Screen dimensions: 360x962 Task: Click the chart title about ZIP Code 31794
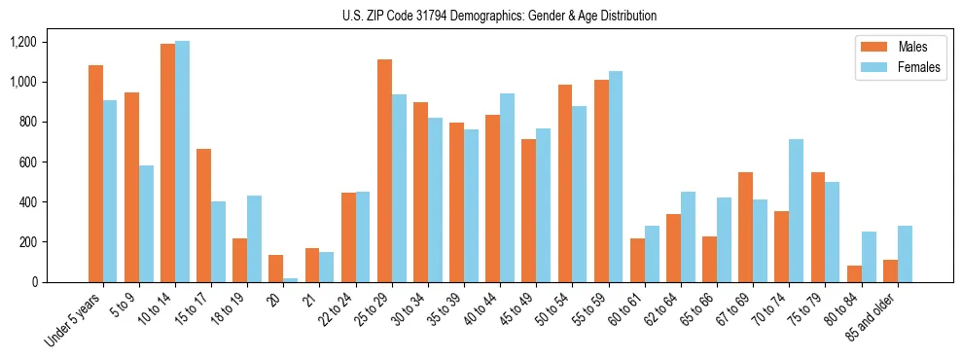(x=499, y=16)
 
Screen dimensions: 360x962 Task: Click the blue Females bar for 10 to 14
(x=183, y=162)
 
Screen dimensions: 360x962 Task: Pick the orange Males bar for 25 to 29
(x=384, y=170)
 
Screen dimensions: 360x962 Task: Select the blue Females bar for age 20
(x=291, y=279)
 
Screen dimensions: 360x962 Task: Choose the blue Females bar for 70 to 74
(x=796, y=210)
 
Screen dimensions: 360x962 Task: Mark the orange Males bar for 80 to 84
(x=854, y=273)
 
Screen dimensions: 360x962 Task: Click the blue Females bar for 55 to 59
(x=616, y=176)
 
